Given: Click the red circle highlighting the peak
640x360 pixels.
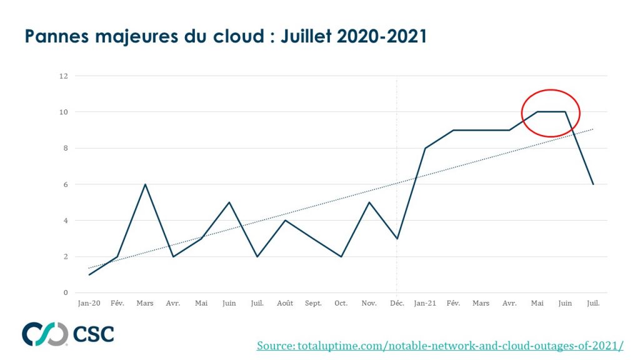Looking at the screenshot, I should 551,113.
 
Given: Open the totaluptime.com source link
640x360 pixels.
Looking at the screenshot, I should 439,346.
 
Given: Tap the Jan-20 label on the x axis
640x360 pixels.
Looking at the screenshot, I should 89,303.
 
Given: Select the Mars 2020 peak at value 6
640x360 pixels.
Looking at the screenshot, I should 145,184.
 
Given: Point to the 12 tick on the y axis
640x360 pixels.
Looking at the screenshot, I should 63,76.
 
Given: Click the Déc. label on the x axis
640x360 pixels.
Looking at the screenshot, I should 397,303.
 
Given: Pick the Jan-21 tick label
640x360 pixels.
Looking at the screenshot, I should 425,303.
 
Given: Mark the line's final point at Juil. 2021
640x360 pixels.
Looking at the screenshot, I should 593,184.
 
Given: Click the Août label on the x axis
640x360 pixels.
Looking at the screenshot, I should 285,303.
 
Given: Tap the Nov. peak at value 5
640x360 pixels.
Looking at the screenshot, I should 369,202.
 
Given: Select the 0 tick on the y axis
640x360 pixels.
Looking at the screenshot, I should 65,292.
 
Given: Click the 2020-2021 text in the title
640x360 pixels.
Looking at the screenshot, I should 381,37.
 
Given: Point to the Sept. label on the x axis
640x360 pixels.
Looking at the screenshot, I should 313,303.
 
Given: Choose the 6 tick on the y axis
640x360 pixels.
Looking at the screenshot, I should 65,184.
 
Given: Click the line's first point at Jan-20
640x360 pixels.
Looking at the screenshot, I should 89,274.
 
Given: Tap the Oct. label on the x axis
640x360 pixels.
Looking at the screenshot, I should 341,303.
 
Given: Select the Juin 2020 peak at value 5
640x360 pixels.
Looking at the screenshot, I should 229,202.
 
